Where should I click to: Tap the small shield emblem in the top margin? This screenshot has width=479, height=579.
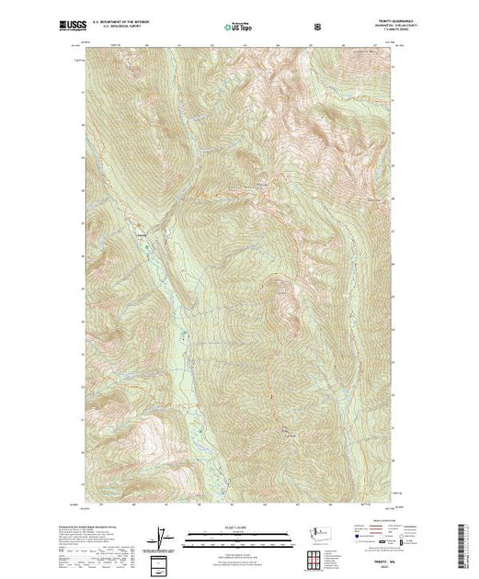coord(318,27)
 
